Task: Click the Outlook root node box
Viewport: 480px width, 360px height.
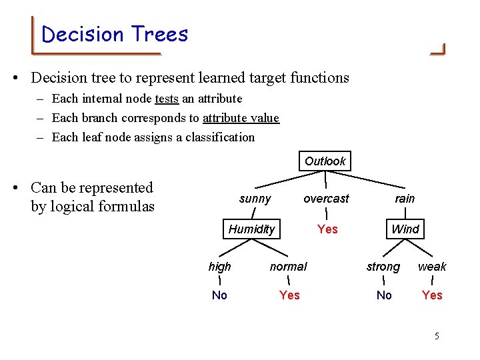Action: [325, 161]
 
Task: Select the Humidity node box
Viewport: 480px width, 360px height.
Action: [251, 229]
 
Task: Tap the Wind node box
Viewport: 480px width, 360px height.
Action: [405, 229]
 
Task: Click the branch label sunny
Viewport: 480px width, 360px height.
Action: [255, 199]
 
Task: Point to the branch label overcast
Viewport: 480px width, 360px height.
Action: [326, 199]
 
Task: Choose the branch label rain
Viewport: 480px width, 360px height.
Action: [405, 199]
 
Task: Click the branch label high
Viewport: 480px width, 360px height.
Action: [219, 267]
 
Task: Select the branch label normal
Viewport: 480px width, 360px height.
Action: [288, 267]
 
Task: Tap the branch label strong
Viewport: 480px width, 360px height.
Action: [383, 267]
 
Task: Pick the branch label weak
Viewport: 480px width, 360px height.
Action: [432, 267]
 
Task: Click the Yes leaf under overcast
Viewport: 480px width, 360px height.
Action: [327, 229]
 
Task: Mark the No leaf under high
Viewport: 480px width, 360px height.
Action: [219, 295]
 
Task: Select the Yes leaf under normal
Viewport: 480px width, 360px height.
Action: [289, 295]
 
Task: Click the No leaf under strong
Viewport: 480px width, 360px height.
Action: [384, 295]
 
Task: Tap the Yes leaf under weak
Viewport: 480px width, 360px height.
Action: [432, 295]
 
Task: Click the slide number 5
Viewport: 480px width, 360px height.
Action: [437, 336]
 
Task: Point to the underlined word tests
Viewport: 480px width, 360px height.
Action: [167, 99]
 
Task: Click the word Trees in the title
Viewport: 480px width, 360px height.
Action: [160, 34]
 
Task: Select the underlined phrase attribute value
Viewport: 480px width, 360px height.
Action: [241, 118]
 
